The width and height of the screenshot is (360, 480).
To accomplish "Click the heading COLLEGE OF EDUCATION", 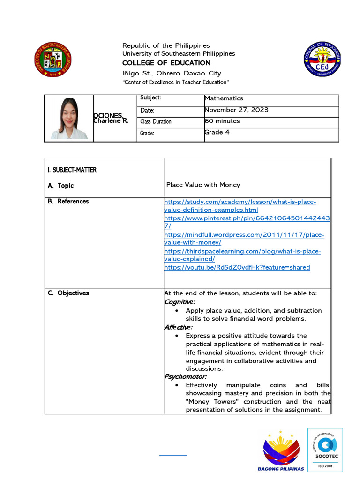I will click(x=166, y=63).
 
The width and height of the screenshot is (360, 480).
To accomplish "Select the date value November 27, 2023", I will click(x=236, y=110).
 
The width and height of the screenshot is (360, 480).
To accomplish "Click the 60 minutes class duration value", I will click(x=222, y=121).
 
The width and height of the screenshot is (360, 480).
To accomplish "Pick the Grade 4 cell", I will click(x=217, y=132).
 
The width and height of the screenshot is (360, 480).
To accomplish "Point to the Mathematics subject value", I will click(x=224, y=98).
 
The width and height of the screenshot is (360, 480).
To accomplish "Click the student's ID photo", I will click(x=69, y=118).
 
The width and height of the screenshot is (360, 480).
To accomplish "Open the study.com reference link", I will click(x=240, y=206).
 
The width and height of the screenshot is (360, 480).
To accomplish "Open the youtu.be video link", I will click(x=237, y=268).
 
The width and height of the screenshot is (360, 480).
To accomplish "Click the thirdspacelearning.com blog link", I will click(x=242, y=255).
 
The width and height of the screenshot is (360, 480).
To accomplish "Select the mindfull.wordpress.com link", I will click(x=244, y=239).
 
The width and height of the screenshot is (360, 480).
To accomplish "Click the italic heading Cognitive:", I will click(x=180, y=302).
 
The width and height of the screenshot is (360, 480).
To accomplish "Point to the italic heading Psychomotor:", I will click(x=186, y=376).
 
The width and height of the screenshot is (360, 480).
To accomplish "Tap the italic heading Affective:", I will click(x=178, y=327).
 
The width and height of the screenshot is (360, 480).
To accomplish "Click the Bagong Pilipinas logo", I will click(x=281, y=450).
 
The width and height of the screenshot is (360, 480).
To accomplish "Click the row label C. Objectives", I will click(x=68, y=293).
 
